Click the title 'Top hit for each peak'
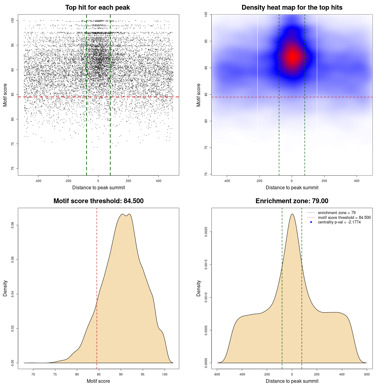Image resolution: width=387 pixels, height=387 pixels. point(97,8)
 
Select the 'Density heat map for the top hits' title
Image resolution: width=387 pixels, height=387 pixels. point(292,8)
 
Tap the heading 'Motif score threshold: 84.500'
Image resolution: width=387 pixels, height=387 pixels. point(98,201)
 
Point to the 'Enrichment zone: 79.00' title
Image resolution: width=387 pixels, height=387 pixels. point(292,201)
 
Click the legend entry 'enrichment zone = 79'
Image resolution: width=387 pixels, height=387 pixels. point(337,213)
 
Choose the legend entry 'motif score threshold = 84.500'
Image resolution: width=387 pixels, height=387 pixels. point(344,217)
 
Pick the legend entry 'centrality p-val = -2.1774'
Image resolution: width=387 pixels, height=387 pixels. point(339,222)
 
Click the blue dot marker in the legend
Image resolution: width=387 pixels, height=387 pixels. point(311,222)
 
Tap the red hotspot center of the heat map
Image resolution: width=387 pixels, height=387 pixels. point(292,57)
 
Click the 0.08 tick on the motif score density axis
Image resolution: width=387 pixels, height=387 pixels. point(12,225)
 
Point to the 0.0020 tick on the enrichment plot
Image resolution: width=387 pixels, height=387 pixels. point(206,232)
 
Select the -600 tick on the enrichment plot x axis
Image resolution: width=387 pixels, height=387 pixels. point(217,374)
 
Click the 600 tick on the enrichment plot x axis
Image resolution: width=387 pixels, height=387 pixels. point(367,374)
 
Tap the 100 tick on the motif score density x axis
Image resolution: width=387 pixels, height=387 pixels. point(164,374)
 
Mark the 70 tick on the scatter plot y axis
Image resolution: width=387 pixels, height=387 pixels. point(12,168)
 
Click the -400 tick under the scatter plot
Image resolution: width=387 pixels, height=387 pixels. point(38,181)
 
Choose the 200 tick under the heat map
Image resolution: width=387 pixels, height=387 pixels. point(324,181)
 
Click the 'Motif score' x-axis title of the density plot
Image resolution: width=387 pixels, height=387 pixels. point(98,381)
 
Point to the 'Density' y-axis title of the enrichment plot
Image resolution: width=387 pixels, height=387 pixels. point(199,288)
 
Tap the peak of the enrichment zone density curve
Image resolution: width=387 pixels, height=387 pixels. point(292,214)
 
